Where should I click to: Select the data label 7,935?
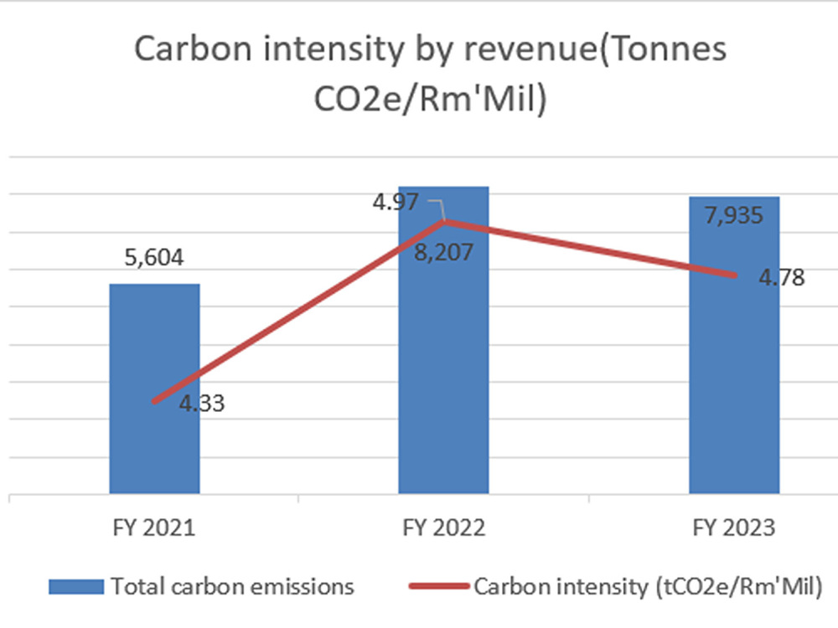[734, 216]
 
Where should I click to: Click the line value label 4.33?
[202, 404]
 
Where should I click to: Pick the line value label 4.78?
[781, 277]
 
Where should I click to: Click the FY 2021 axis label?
[155, 528]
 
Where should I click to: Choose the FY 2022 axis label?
[443, 528]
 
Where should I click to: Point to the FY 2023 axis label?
[734, 528]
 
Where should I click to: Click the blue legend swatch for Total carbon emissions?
[76, 586]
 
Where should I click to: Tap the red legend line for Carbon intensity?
[435, 586]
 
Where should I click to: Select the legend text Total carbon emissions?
[233, 586]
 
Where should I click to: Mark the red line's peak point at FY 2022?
[443, 222]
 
